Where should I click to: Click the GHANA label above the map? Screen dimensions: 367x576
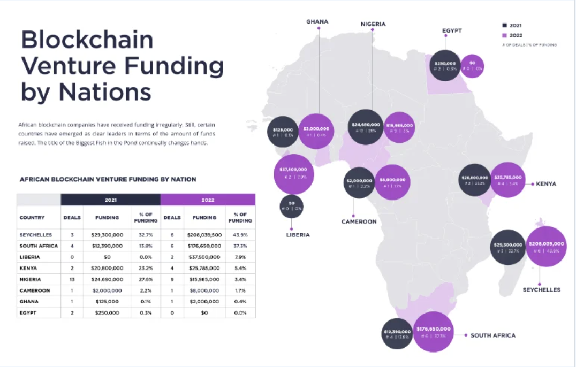point(317,22)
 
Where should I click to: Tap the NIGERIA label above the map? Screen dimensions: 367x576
point(373,24)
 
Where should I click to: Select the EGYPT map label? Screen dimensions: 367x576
point(452,31)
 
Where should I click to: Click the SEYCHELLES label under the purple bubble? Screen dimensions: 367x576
point(542,290)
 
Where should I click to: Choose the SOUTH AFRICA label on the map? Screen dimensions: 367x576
point(493,335)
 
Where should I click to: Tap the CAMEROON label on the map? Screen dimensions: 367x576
point(359,221)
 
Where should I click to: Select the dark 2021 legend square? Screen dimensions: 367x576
point(504,25)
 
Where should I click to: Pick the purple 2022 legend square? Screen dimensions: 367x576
point(504,35)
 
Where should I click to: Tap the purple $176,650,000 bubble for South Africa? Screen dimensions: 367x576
point(433,332)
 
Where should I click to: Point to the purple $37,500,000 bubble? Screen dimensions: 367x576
point(293,173)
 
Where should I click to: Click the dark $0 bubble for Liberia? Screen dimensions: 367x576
point(292,206)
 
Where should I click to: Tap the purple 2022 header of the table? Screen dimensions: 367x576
point(208,200)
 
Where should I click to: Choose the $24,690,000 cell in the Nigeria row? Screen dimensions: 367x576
point(107,279)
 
